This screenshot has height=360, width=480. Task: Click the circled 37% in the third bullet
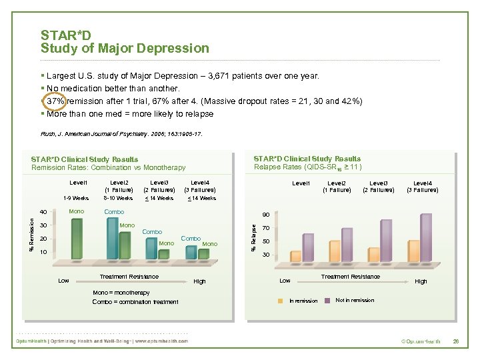(x=54, y=101)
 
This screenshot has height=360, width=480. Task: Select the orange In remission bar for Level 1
(x=296, y=257)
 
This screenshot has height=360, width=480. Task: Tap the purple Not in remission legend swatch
(x=327, y=301)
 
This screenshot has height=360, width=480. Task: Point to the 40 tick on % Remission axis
(x=42, y=213)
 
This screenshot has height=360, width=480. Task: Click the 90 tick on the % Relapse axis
(x=266, y=215)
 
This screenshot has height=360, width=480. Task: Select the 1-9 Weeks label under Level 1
(x=75, y=198)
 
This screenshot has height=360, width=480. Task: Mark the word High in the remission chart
(x=199, y=281)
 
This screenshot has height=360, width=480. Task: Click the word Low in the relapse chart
(x=285, y=281)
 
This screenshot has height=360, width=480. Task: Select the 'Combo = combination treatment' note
(x=135, y=302)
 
